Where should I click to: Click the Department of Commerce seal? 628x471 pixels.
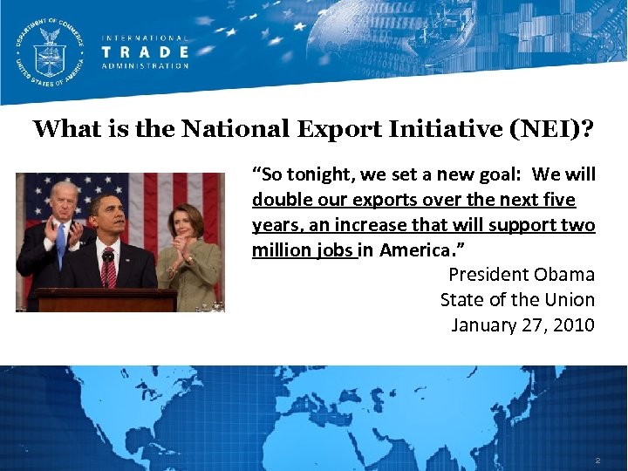tap(51, 51)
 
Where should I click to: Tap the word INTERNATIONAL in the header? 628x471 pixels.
tap(144, 38)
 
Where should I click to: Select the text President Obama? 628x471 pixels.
tap(521, 275)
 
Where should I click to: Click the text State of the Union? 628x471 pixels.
tap(516, 300)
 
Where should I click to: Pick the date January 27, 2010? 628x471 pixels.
tap(522, 325)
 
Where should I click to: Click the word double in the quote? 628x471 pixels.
tap(279, 200)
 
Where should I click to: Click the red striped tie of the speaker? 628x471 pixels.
tap(110, 270)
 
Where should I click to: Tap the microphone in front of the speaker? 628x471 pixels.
tap(107, 256)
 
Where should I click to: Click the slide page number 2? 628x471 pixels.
tap(597, 460)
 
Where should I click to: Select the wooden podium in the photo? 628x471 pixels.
tap(105, 300)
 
